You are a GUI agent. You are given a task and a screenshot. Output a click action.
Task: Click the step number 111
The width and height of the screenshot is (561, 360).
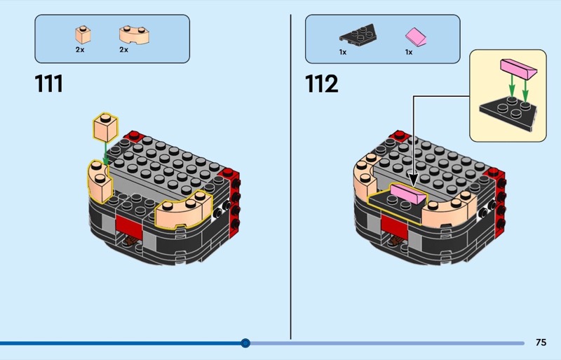[x=48, y=84]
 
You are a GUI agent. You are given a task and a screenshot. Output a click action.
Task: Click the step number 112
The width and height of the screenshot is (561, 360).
[x=321, y=84]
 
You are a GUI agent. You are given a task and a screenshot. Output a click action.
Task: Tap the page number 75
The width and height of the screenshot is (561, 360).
[x=541, y=342]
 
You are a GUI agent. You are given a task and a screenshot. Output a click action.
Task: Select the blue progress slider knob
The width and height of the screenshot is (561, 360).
[x=245, y=343]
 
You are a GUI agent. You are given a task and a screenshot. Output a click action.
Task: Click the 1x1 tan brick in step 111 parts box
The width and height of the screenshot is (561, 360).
[x=83, y=35]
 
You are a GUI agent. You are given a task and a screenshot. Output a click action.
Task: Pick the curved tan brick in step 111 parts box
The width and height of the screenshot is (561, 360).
[x=134, y=35]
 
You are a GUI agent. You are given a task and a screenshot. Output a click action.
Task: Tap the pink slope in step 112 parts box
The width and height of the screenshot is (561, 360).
[x=416, y=37]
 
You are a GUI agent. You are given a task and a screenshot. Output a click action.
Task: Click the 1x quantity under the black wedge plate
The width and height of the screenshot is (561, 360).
[x=343, y=53]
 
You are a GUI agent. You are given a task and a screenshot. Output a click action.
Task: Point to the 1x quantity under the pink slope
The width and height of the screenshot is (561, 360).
[x=409, y=53]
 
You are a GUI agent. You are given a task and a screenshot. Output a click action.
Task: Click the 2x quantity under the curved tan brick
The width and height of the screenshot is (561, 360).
[x=124, y=50]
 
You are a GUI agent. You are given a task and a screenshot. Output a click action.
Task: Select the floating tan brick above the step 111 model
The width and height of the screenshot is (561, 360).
[x=105, y=128]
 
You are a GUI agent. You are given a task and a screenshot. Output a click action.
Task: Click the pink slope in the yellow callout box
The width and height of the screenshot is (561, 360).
[x=518, y=69]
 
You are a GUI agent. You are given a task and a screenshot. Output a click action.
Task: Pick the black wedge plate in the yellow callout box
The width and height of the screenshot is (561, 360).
[x=508, y=114]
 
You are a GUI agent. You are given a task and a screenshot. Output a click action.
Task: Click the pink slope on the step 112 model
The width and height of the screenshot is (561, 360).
[x=408, y=194]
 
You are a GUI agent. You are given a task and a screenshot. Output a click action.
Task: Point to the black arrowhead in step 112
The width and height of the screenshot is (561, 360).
[x=414, y=180]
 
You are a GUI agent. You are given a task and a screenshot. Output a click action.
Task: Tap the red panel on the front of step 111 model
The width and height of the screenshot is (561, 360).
[x=129, y=225]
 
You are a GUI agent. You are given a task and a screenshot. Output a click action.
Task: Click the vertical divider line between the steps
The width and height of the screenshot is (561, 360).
[x=290, y=177]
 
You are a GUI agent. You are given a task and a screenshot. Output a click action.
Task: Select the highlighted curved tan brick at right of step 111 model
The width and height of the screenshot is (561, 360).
[x=183, y=211]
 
